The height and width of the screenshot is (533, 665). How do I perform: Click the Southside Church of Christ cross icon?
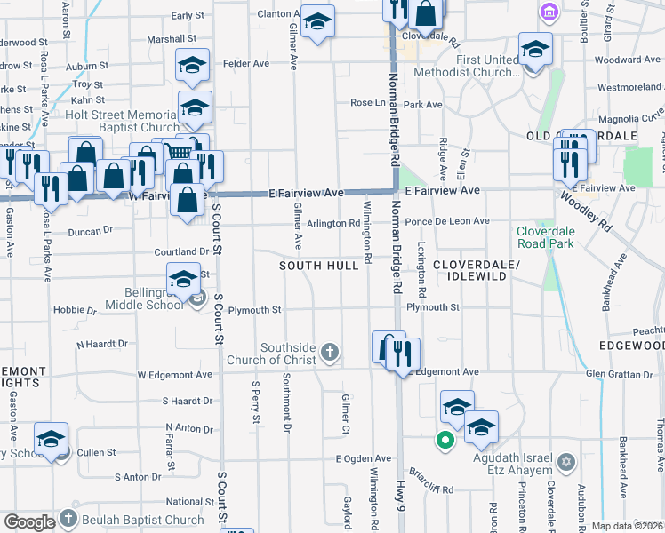330,354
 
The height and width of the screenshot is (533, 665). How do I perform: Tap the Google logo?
29,521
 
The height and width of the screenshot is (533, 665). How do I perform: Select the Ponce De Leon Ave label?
446,221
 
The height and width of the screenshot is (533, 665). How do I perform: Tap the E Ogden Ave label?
363,458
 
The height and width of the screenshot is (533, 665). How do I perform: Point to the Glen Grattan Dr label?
621,374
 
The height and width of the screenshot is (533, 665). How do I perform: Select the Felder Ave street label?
246,64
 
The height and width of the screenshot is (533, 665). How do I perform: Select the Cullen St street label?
97,453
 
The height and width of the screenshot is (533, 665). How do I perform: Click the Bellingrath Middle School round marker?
197,298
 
